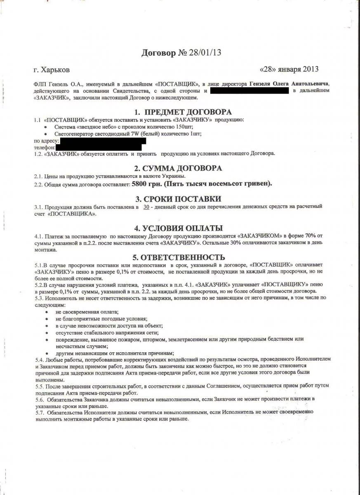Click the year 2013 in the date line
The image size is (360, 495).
coord(309,69)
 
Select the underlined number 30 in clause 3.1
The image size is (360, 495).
coord(146,206)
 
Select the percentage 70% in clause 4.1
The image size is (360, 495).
coord(311,236)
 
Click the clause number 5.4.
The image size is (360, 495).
coord(38,360)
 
